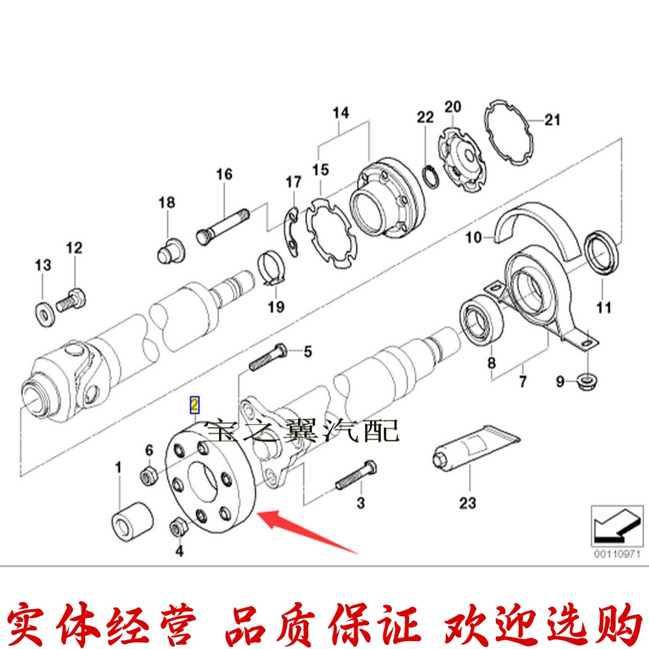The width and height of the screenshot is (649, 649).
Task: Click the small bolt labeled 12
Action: point(72,300)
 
